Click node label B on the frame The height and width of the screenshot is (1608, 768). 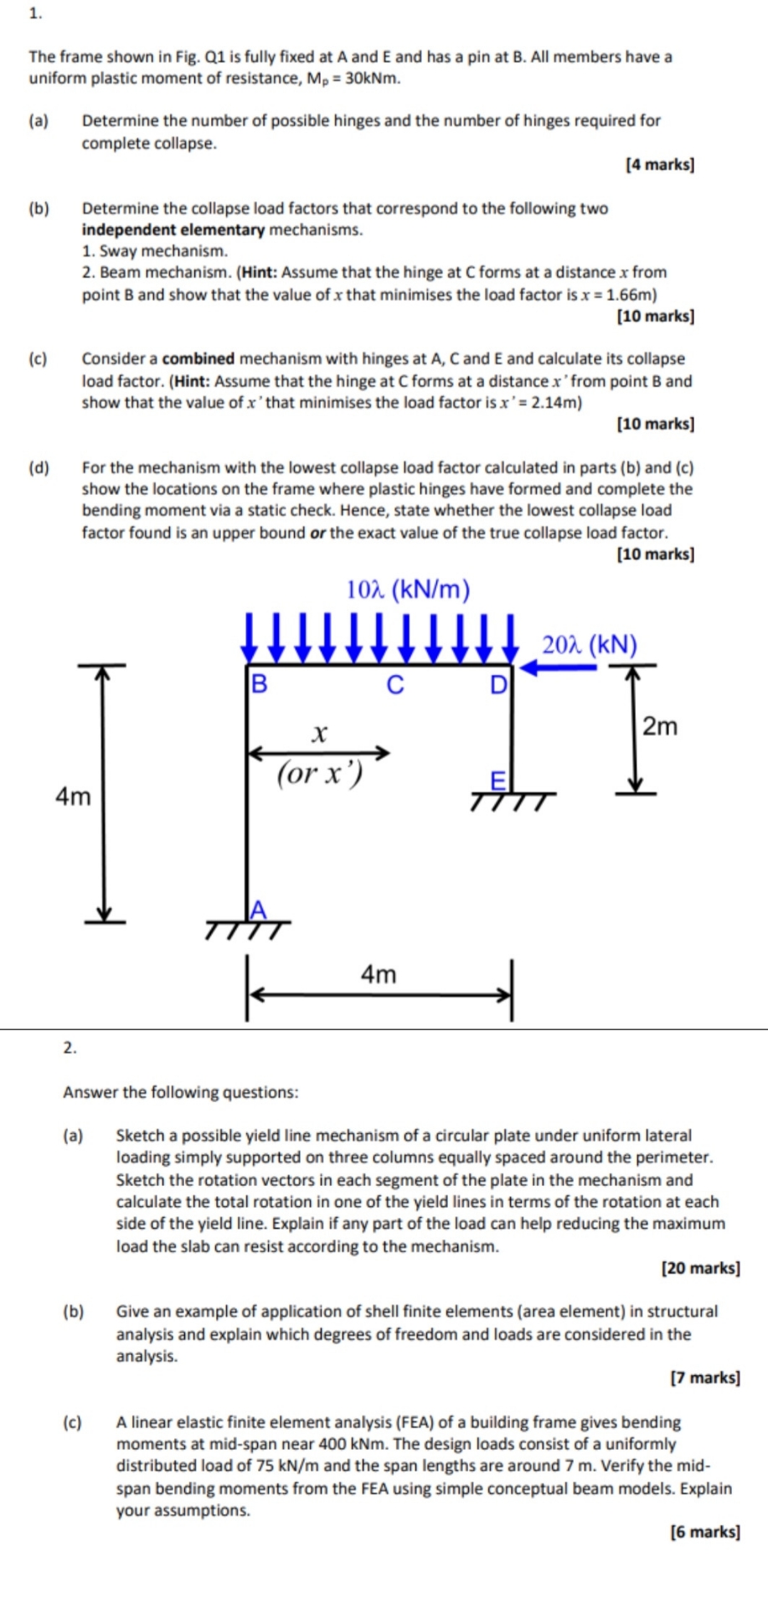259,684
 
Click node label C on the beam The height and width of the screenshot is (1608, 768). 395,685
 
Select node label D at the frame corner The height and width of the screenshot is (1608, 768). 498,685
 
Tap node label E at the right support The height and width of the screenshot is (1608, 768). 498,781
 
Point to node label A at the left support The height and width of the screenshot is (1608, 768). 259,910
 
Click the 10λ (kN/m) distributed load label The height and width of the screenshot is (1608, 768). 409,590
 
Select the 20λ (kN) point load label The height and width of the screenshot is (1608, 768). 590,645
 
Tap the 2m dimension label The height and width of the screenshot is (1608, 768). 660,726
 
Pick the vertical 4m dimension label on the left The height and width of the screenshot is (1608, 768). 73,796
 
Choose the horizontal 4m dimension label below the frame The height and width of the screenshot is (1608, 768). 379,974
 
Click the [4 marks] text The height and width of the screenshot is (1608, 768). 660,165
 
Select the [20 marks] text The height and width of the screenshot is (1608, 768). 701,1268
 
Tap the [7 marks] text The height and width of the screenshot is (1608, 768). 705,1378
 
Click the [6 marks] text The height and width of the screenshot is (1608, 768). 705,1532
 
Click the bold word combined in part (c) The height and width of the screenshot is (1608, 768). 198,358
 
